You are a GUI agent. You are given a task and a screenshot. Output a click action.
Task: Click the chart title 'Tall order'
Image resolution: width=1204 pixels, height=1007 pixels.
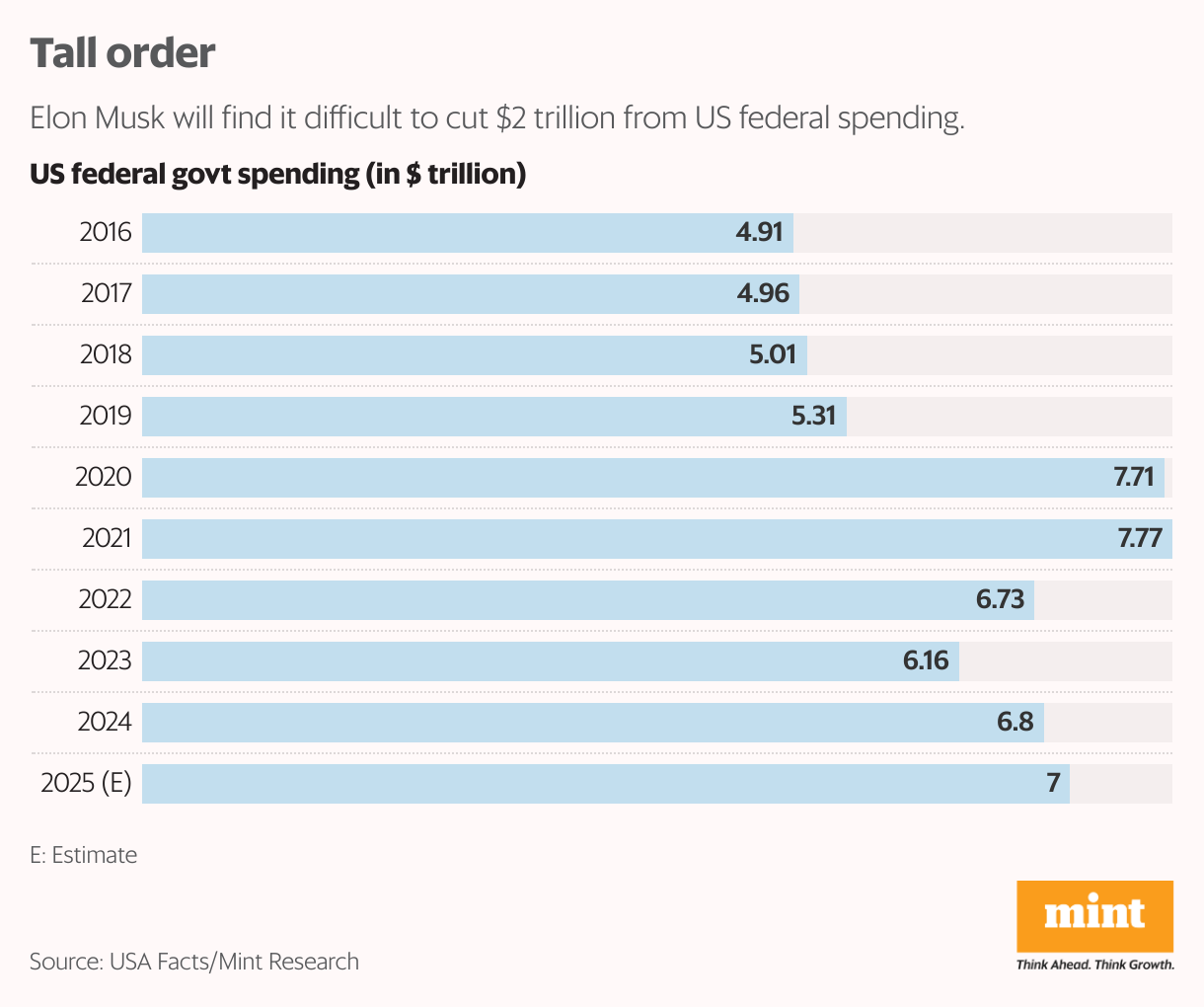tap(122, 53)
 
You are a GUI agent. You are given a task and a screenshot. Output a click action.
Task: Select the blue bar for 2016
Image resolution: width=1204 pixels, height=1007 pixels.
tap(434, 233)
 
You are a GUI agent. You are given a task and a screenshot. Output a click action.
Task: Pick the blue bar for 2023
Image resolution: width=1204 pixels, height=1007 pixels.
tap(513, 661)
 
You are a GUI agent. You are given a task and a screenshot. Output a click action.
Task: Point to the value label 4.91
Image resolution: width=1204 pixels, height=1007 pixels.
tap(759, 233)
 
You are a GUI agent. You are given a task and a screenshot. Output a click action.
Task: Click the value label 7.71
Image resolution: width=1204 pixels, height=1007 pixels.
tap(1134, 478)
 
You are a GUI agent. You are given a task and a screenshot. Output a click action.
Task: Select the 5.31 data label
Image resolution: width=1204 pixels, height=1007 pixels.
tap(814, 417)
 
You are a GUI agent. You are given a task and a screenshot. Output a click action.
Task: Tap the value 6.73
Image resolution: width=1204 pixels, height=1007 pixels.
tap(1001, 600)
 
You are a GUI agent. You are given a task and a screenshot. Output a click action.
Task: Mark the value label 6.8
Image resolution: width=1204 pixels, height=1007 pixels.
tap(1015, 723)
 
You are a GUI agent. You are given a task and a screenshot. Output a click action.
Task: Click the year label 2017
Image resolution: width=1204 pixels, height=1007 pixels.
tap(106, 294)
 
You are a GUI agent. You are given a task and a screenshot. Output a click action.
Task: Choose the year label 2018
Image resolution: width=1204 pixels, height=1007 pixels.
tap(106, 355)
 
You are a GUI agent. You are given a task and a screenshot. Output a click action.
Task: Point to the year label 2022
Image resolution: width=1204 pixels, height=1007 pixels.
tap(105, 600)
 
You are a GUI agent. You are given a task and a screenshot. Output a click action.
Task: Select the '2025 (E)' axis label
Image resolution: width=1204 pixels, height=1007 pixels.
tap(86, 784)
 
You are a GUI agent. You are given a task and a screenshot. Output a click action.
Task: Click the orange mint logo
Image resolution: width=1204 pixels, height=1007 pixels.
tap(1094, 915)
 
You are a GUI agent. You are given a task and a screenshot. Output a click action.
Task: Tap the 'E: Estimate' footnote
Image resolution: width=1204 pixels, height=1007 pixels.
tap(84, 855)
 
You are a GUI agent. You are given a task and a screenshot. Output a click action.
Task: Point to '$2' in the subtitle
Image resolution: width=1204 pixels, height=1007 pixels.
tap(511, 118)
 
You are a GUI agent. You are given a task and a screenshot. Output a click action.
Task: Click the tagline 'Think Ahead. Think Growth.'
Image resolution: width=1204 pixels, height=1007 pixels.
tap(1095, 965)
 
